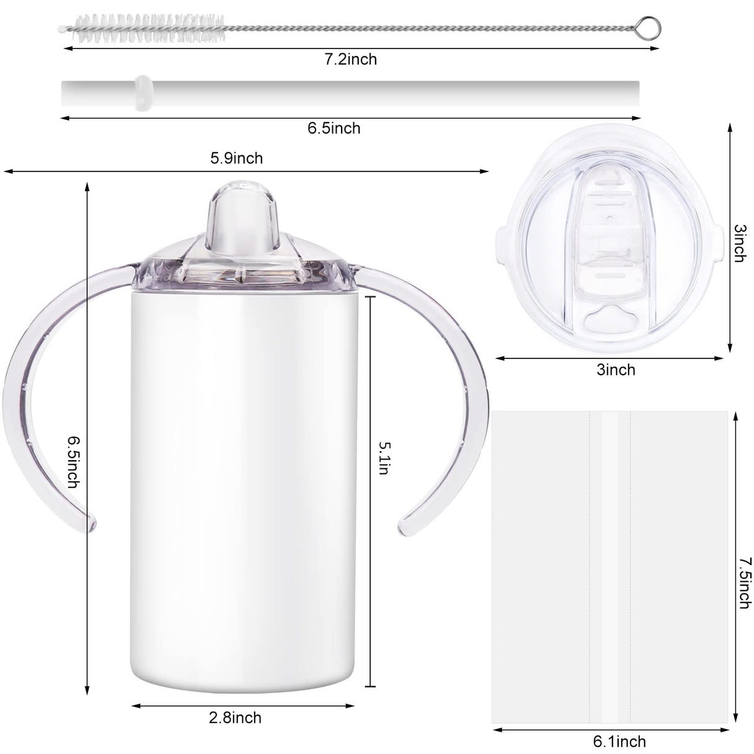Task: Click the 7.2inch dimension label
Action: click(x=351, y=60)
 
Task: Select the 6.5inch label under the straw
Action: click(x=334, y=129)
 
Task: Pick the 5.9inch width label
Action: click(x=236, y=158)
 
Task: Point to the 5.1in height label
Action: click(x=383, y=458)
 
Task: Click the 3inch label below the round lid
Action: click(x=615, y=370)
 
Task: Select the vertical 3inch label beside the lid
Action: click(x=738, y=243)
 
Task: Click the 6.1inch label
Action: click(x=619, y=742)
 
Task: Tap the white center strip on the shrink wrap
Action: click(x=610, y=565)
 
